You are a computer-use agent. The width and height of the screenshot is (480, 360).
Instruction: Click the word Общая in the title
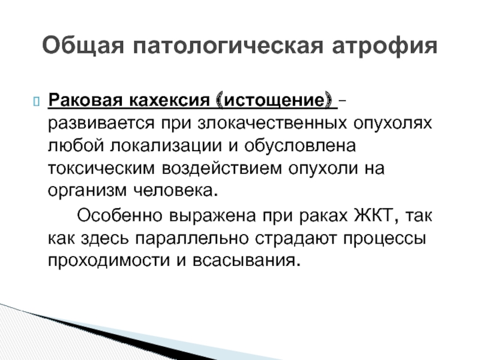click(x=83, y=46)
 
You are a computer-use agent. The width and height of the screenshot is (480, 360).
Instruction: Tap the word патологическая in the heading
click(x=228, y=46)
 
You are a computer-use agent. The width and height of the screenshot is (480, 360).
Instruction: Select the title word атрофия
click(x=385, y=47)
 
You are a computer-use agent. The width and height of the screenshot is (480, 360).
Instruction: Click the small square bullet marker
click(x=36, y=101)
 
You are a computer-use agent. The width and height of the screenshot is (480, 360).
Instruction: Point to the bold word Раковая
click(x=85, y=100)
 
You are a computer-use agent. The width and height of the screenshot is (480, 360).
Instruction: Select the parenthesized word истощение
click(x=274, y=100)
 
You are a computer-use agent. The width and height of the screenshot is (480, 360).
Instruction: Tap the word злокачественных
click(x=272, y=124)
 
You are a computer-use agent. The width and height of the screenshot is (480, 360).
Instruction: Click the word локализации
click(x=166, y=146)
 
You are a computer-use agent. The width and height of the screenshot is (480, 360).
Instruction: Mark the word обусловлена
click(x=300, y=145)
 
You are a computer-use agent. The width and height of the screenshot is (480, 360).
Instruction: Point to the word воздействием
click(x=221, y=168)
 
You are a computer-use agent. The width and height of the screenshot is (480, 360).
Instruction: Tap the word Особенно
click(x=119, y=215)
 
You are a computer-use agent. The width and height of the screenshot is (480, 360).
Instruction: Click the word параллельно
click(x=191, y=239)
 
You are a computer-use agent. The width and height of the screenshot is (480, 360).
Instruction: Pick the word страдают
click(x=295, y=239)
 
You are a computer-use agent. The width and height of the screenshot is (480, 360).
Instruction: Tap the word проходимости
click(x=109, y=261)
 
